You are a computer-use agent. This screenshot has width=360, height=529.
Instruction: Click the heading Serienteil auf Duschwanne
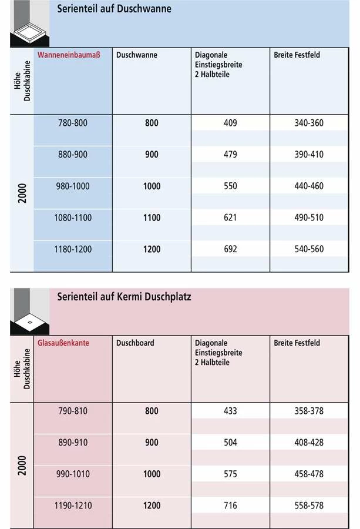tap(114, 9)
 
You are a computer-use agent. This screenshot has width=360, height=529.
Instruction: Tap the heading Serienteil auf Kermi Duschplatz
tap(124, 297)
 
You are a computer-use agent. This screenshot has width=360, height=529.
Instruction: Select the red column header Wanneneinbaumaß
tap(69, 55)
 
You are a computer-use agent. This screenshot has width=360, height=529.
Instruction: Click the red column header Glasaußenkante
tap(63, 343)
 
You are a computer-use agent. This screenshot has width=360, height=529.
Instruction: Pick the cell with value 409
tap(230, 123)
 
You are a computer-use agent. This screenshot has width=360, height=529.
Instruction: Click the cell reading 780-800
tap(73, 123)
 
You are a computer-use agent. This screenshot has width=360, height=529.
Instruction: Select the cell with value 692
tap(230, 249)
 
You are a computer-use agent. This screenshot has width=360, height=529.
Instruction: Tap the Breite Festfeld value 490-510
tap(309, 217)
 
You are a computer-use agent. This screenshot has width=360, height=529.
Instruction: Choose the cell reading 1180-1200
tap(73, 249)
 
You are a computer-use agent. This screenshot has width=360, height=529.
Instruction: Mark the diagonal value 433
tap(230, 411)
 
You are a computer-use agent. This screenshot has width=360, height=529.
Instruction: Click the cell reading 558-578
tap(309, 505)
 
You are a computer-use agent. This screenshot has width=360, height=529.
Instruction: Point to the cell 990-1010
tap(73, 474)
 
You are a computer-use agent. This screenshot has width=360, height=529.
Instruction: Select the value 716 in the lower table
tap(230, 505)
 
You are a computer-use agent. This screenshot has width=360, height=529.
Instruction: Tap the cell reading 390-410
tap(309, 155)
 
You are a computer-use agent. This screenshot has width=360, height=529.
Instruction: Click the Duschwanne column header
tap(137, 55)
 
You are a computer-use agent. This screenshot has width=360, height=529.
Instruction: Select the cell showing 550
tap(230, 186)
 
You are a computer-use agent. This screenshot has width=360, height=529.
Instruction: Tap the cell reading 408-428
tap(309, 443)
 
